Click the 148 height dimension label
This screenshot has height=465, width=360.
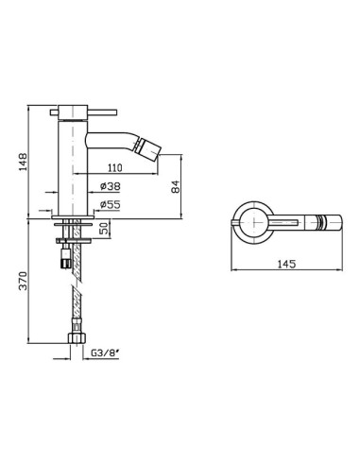click(23, 162)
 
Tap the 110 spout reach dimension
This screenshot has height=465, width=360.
click(115, 168)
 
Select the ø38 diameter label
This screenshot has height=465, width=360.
click(111, 186)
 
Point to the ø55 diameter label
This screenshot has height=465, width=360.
click(111, 205)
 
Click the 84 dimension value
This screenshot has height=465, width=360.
click(176, 186)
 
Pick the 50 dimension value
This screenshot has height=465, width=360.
click(105, 227)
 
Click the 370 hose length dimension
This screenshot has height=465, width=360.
click(23, 281)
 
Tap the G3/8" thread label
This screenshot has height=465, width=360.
click(105, 353)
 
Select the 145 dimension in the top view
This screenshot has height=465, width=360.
click(286, 264)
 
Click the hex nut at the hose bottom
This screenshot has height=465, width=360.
click(77, 338)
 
